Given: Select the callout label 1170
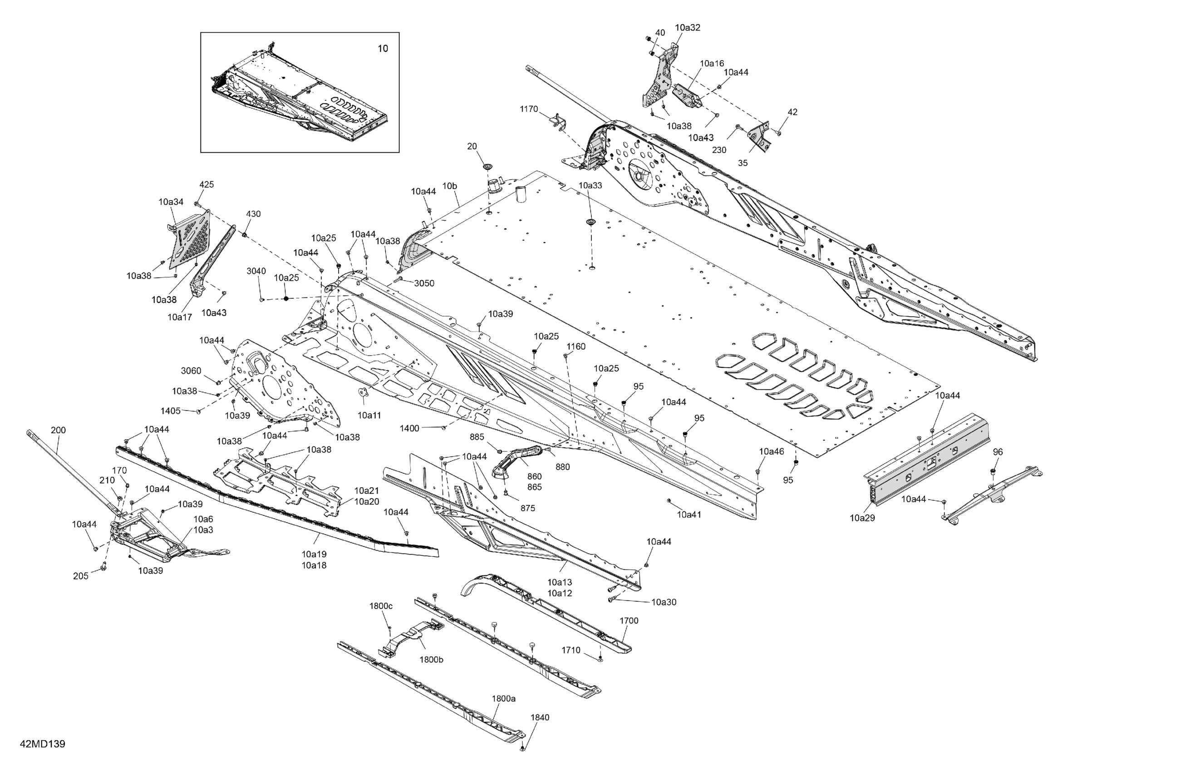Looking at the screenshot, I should [528, 109].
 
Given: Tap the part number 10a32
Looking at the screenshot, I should [688, 28].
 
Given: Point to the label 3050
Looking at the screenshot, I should [424, 283].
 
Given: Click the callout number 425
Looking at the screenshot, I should [207, 185].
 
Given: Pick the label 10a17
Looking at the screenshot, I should [180, 317].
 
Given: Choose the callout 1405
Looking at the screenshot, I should [171, 411].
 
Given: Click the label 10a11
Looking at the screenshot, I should [369, 415].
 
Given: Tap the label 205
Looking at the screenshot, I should [80, 576].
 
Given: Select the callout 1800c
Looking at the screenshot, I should [381, 606].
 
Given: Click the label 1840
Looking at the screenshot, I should [540, 718].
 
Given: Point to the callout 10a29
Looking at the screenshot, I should [862, 518].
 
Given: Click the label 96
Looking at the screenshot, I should [998, 452].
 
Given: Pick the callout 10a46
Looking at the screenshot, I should [772, 451].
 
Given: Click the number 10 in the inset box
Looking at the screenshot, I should [383, 49].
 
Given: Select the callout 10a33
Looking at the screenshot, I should [590, 185].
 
